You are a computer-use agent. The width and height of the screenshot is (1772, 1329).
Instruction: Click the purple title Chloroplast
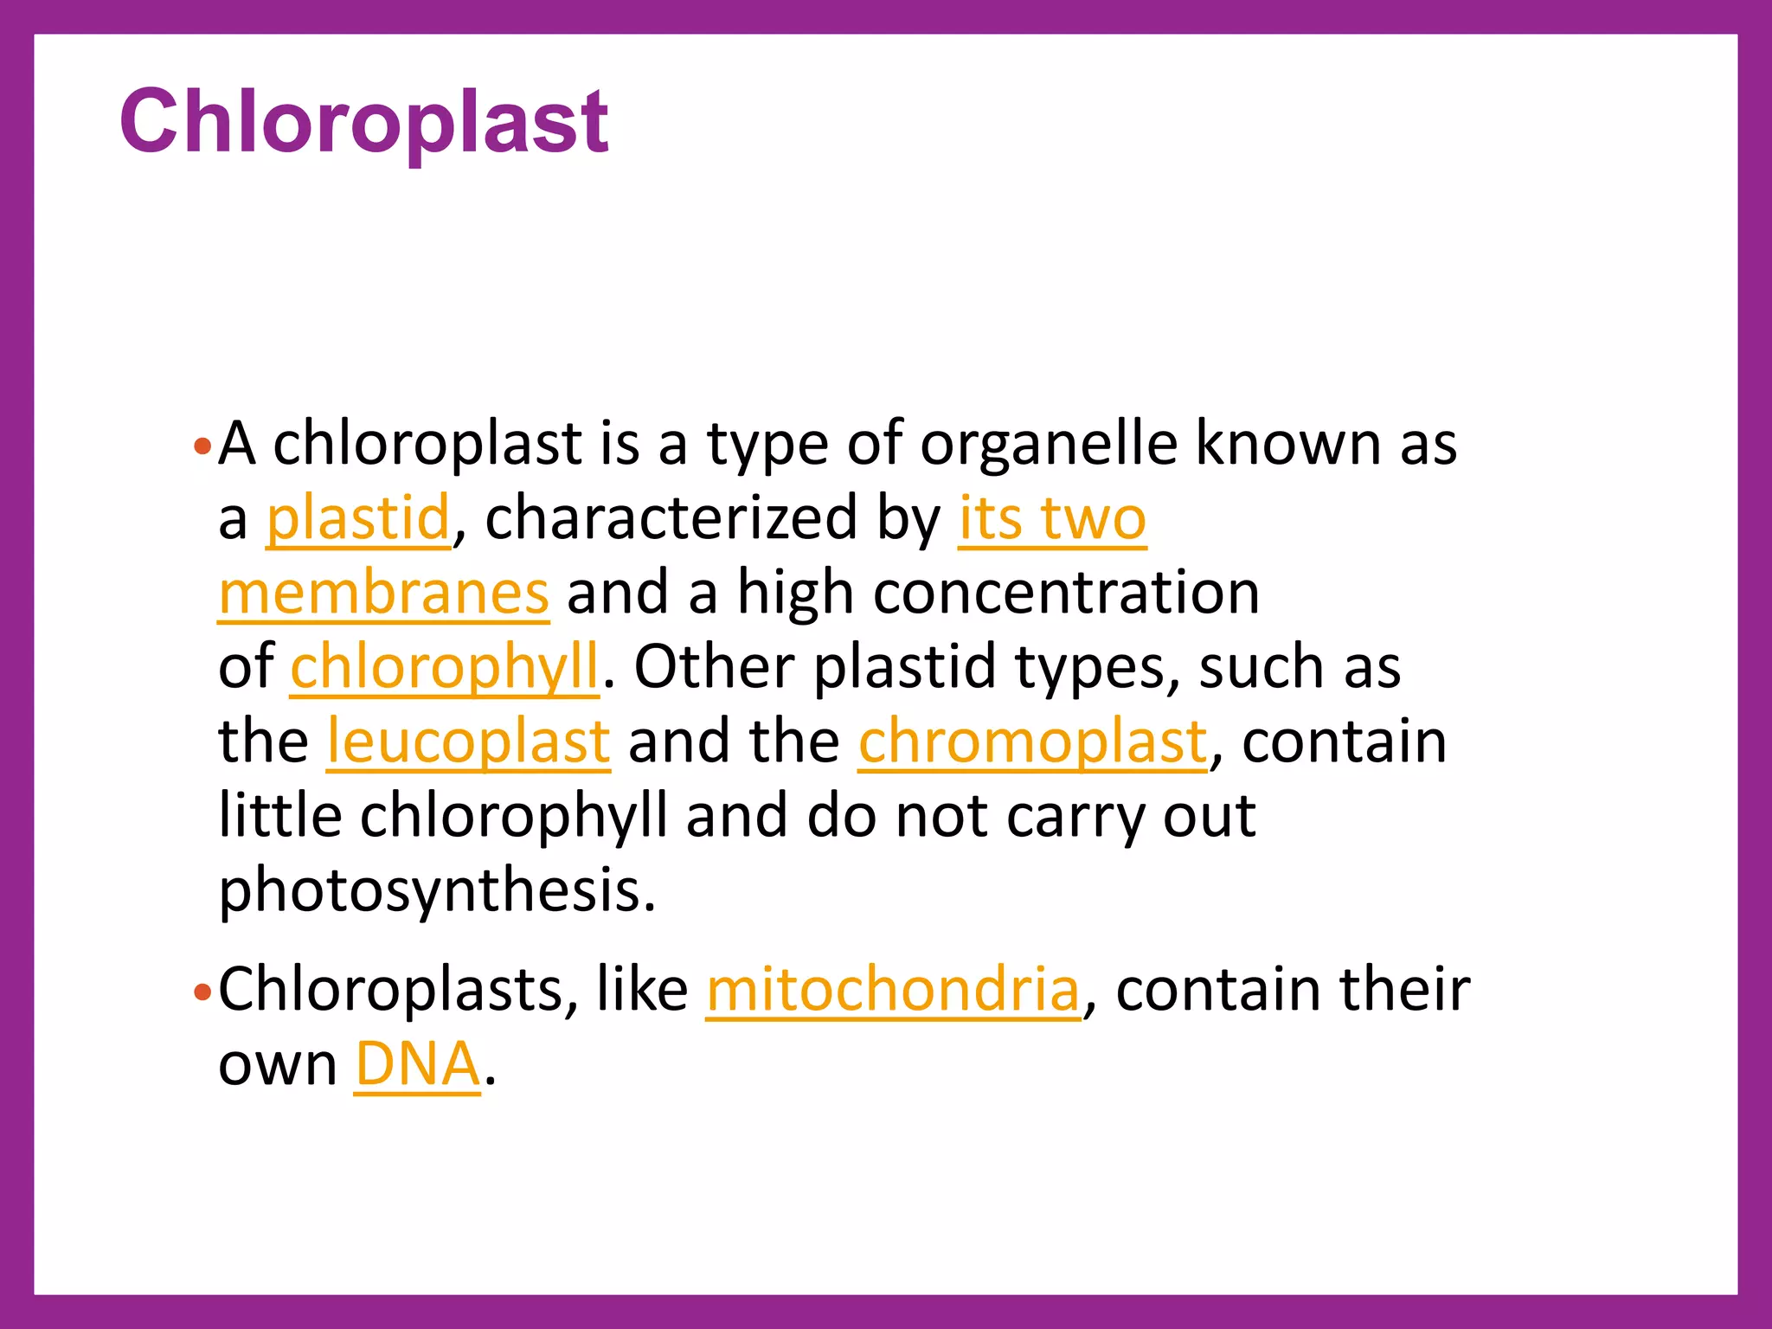[x=363, y=123]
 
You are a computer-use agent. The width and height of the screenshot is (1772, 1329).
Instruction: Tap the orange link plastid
[x=358, y=519]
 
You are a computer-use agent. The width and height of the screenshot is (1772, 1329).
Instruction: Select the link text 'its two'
[x=1052, y=519]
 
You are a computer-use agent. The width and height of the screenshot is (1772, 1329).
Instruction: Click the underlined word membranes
[x=383, y=594]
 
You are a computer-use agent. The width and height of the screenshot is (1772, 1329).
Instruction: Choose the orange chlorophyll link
[x=444, y=668]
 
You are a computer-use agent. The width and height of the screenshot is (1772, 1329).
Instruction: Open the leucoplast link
[x=468, y=742]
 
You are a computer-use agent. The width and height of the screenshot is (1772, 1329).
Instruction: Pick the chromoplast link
[x=1033, y=742]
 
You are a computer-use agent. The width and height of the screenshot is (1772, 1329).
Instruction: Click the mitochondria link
[x=893, y=990]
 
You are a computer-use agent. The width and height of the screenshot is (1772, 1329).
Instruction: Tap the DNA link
[x=417, y=1064]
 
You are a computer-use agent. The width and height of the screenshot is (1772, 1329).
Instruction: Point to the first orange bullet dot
[x=202, y=447]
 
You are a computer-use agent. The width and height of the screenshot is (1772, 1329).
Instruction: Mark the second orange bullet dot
[x=202, y=992]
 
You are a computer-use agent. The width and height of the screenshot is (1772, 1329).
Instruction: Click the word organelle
[x=1049, y=445]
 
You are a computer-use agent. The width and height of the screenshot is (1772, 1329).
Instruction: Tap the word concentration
[x=1066, y=594]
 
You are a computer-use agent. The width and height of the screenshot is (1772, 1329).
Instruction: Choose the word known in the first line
[x=1288, y=445]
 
